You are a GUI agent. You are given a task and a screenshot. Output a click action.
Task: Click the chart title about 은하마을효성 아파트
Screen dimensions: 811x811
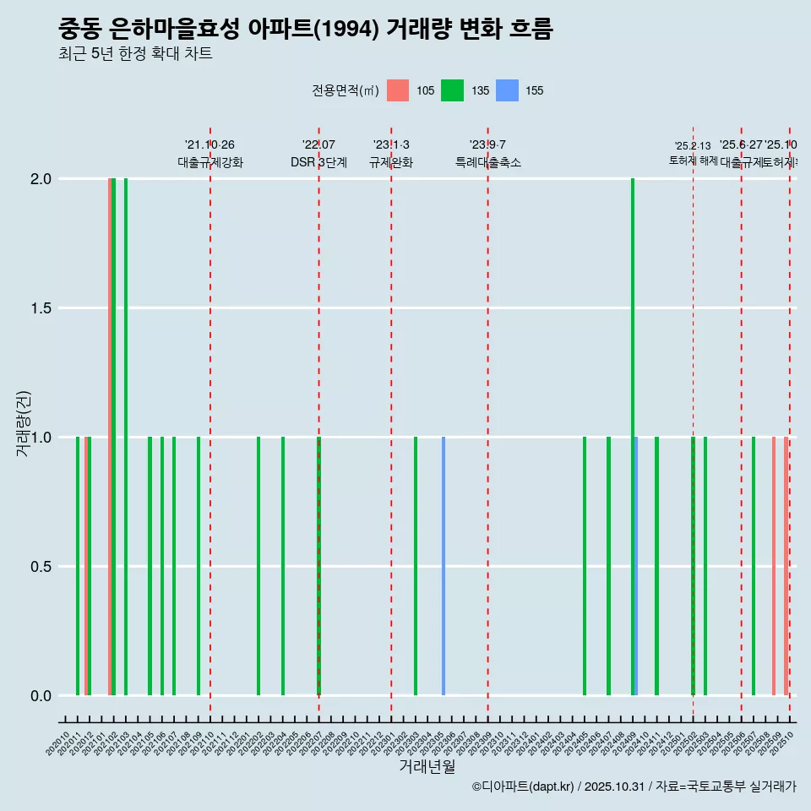click(x=305, y=30)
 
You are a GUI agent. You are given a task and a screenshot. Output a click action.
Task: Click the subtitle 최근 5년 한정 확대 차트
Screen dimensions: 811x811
click(x=135, y=54)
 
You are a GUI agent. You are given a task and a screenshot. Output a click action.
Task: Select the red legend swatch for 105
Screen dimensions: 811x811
click(x=398, y=90)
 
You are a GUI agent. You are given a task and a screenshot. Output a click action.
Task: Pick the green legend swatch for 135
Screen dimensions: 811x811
click(x=452, y=90)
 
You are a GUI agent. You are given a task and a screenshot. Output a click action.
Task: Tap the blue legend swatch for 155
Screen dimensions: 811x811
click(x=506, y=90)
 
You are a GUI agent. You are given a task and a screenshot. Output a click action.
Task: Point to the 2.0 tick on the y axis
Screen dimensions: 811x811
click(x=41, y=179)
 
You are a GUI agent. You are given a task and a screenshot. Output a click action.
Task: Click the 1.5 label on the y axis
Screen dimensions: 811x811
click(x=41, y=308)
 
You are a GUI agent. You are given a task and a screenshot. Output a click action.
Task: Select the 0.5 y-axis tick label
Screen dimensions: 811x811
click(x=41, y=567)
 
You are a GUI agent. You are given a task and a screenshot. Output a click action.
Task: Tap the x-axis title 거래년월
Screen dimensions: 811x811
click(x=427, y=766)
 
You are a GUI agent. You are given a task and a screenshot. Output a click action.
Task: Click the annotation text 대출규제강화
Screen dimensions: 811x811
click(x=210, y=162)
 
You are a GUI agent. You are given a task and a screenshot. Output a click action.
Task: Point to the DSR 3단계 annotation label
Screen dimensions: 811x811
click(x=318, y=162)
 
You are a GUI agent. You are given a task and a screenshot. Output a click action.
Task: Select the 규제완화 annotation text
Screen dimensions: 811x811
click(x=391, y=162)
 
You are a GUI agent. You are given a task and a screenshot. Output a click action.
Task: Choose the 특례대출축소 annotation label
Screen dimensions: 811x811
click(x=488, y=162)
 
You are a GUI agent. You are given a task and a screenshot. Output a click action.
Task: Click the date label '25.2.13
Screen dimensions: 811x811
click(x=693, y=145)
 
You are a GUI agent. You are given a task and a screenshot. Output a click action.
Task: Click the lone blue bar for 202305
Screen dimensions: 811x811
click(x=444, y=566)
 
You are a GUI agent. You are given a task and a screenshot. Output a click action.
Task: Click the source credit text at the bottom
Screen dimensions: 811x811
click(x=634, y=787)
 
